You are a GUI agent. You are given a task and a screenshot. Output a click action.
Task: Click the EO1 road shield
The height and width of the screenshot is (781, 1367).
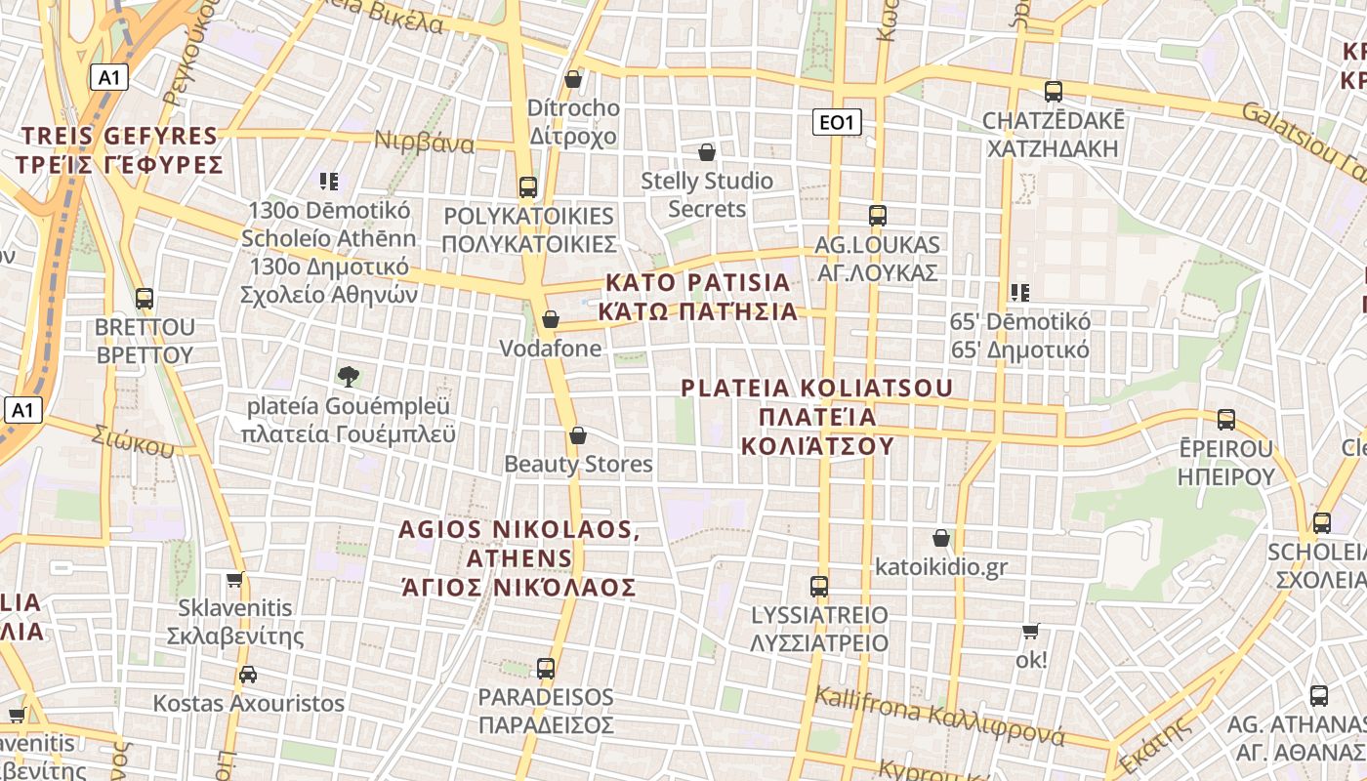[838, 122]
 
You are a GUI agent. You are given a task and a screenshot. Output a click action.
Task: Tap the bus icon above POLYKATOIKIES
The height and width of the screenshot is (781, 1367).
[528, 186]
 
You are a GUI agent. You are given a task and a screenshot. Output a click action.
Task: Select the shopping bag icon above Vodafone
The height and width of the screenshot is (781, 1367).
[551, 319]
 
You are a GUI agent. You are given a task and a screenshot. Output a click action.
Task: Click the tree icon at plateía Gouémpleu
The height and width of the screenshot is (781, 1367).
[348, 376]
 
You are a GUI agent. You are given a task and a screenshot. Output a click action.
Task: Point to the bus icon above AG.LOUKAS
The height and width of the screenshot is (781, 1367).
[878, 215]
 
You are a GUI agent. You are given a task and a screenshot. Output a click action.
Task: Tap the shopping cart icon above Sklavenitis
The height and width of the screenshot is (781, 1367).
[234, 579]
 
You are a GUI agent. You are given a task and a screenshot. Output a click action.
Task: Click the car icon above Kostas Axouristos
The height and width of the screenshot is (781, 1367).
[248, 674]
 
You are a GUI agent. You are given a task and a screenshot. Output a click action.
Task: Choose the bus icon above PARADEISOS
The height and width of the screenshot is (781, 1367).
[546, 669]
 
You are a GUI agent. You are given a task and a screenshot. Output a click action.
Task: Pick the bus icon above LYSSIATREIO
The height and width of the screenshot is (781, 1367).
[819, 586]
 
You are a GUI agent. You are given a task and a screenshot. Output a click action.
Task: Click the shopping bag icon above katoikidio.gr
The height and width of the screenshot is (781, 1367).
[941, 538]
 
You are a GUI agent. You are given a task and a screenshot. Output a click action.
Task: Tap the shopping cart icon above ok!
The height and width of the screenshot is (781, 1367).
[1030, 631]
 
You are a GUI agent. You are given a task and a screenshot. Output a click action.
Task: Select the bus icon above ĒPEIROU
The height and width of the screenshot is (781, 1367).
[1226, 420]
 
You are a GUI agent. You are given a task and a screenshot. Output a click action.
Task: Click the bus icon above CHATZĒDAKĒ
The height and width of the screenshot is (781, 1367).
[1054, 92]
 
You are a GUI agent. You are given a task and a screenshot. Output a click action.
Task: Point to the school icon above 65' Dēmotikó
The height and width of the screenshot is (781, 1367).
[1020, 292]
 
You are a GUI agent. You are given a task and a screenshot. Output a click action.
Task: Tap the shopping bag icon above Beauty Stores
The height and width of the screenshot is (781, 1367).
[578, 434]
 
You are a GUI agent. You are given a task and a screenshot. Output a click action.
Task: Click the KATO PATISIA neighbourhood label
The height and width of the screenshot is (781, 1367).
[697, 283]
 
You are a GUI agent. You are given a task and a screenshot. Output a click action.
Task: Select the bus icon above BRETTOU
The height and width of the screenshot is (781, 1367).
[145, 298]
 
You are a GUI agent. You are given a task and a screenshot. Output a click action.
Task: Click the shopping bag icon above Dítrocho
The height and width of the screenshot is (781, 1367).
[573, 78]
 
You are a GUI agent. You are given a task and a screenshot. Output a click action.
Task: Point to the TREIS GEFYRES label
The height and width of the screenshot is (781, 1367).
[119, 136]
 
